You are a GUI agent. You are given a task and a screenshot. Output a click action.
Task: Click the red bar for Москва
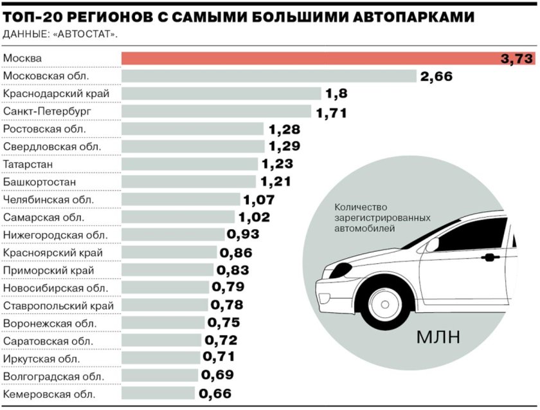(309, 59)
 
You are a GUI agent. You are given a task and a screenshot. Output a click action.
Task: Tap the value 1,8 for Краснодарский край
(336, 94)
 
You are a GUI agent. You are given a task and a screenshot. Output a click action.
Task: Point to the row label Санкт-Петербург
(48, 111)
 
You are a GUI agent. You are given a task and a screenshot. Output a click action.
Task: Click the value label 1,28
(283, 129)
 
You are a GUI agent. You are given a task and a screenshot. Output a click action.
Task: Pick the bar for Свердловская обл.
(193, 147)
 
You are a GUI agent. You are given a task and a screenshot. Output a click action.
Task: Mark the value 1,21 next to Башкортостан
(276, 182)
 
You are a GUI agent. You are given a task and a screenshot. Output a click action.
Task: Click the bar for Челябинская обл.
(181, 200)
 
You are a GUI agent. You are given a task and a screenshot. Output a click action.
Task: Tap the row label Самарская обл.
(44, 218)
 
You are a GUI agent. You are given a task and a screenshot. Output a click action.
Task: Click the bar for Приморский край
(167, 270)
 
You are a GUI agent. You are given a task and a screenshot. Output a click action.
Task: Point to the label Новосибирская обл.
(55, 288)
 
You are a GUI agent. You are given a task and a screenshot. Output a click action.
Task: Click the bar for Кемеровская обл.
(158, 393)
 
